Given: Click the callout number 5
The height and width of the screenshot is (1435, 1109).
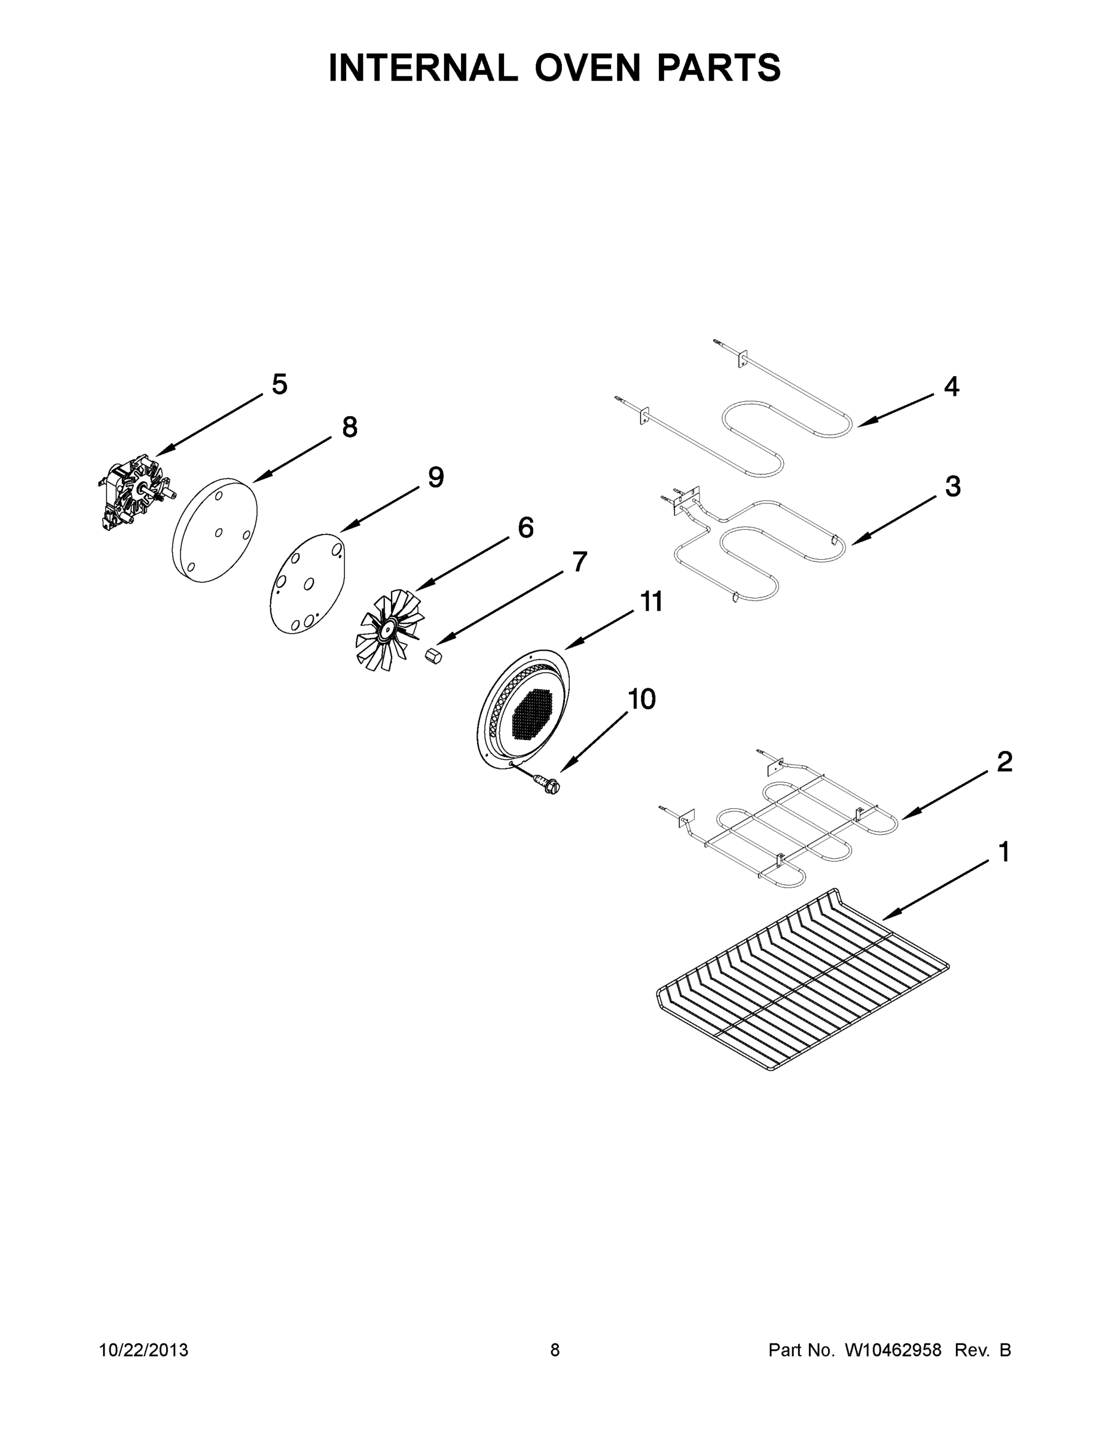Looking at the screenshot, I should point(279,384).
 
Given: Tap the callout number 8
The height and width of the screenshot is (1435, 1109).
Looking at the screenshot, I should point(350,428).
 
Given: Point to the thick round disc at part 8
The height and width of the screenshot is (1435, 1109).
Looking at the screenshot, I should point(213,530).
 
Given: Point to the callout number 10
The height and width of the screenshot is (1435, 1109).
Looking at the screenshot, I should point(641,699).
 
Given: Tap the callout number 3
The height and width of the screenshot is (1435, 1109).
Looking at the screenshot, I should point(952,486).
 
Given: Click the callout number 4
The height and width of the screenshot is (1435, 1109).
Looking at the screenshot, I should point(951,386).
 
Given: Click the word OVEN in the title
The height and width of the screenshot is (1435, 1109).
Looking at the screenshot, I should point(586,68).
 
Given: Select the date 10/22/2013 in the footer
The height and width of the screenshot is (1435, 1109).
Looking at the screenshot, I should point(143,1349).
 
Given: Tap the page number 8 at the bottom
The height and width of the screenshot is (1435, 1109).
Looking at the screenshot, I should point(555,1349).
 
